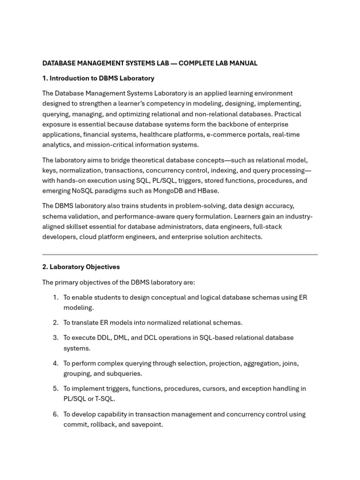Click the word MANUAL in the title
[x=243, y=63]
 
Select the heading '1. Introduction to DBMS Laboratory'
[x=98, y=78]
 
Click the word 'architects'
[x=246, y=237]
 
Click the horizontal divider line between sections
[x=180, y=255]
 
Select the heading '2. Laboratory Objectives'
[x=81, y=267]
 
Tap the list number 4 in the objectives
[x=55, y=363]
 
